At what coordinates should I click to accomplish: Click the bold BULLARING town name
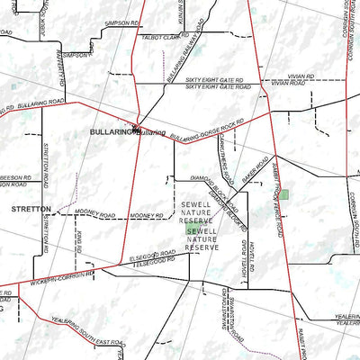(x=112, y=131)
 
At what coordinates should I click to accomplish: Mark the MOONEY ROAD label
(x=96, y=216)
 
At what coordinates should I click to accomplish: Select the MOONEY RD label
(x=146, y=216)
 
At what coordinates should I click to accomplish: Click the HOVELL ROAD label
(x=244, y=257)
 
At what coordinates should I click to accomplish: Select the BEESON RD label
(x=15, y=179)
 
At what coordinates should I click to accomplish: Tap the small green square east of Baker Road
(x=284, y=194)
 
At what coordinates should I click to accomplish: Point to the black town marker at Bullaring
(x=135, y=126)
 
